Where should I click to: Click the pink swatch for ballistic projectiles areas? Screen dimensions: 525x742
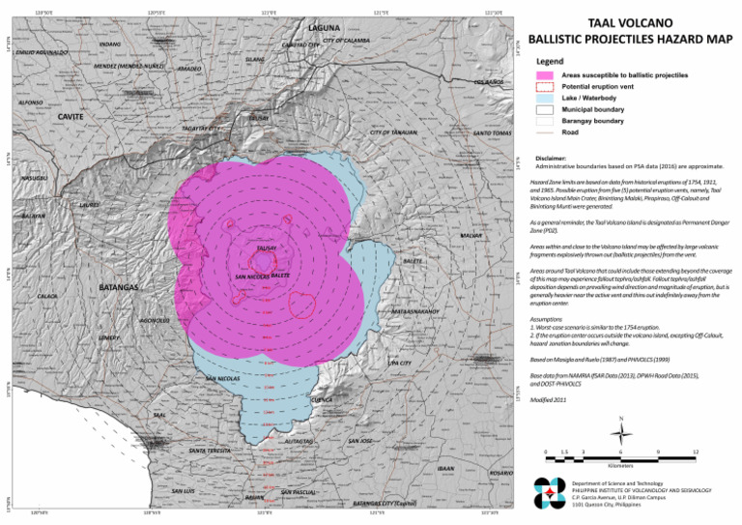pos(546,74)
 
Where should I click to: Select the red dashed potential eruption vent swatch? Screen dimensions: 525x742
pos(546,86)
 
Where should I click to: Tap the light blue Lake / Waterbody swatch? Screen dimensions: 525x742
pos(546,99)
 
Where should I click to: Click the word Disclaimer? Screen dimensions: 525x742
pos(552,157)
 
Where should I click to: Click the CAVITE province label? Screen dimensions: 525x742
pos(71,117)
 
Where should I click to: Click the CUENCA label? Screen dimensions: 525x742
pos(323,399)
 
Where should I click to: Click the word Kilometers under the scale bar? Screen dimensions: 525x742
pos(621,465)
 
